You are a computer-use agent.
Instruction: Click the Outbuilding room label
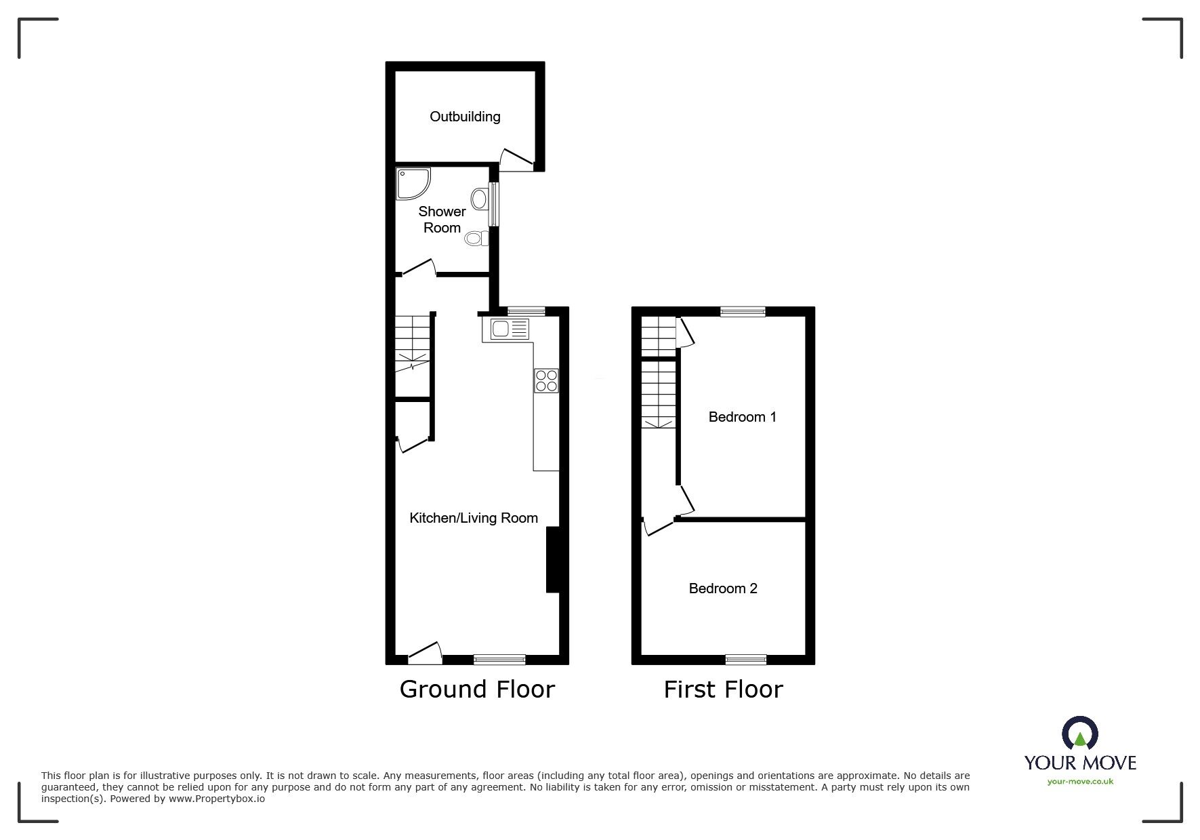[465, 117]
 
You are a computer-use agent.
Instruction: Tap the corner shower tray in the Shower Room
[411, 182]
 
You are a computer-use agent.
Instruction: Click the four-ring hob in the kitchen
[546, 380]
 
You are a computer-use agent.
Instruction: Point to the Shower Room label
[442, 220]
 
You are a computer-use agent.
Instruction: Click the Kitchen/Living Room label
[474, 518]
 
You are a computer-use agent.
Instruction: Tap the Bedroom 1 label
[742, 417]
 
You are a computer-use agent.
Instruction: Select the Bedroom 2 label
[723, 588]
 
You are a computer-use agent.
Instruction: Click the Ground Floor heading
[477, 689]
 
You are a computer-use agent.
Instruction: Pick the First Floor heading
[723, 689]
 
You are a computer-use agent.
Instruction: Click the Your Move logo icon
[1079, 734]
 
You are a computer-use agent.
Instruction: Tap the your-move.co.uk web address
[1080, 782]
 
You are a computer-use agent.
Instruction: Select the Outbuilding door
[516, 160]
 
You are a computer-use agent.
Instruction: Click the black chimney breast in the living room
[553, 560]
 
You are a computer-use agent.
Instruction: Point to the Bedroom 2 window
[746, 659]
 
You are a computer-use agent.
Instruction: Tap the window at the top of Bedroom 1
[743, 312]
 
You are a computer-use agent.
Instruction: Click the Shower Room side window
[495, 203]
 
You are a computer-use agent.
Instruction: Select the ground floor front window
[499, 659]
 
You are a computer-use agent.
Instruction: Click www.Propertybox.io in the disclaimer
[217, 799]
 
